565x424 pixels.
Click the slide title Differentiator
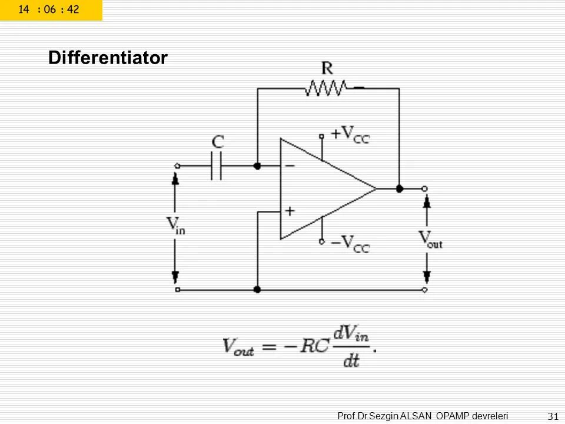pyautogui.click(x=108, y=58)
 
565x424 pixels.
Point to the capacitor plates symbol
pyautogui.click(x=217, y=166)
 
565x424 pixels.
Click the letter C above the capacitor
pyautogui.click(x=218, y=142)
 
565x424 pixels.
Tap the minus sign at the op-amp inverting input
pyautogui.click(x=290, y=166)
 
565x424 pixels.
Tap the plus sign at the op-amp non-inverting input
pyautogui.click(x=290, y=210)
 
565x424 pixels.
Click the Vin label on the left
pyautogui.click(x=175, y=226)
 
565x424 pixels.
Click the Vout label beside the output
pyautogui.click(x=430, y=239)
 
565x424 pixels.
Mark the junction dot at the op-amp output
pyautogui.click(x=399, y=189)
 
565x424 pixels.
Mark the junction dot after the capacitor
pyautogui.click(x=257, y=166)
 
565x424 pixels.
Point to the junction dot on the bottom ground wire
pyautogui.click(x=257, y=290)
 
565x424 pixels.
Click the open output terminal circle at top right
pyautogui.click(x=425, y=189)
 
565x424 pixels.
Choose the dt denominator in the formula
pyautogui.click(x=351, y=360)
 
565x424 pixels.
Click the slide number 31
pyautogui.click(x=552, y=416)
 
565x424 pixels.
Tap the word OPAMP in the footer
pyautogui.click(x=453, y=416)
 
